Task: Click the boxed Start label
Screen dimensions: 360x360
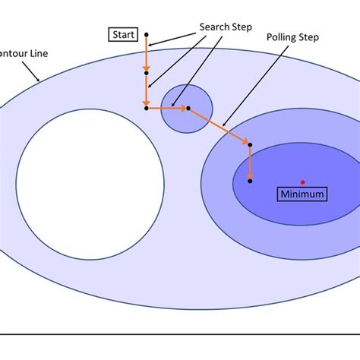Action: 124,34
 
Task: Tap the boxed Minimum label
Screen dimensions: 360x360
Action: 302,194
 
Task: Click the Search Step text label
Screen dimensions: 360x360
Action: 225,26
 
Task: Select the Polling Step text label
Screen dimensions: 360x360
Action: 292,36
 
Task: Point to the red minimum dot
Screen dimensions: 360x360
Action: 302,182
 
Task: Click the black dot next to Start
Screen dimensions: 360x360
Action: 146,35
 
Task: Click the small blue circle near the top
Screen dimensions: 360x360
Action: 187,109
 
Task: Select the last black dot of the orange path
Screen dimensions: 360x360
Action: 251,181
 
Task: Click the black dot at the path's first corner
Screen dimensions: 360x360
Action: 146,108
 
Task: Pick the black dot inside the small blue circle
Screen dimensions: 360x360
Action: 188,108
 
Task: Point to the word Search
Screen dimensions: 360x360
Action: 213,26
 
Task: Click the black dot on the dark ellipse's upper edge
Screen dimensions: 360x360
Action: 251,144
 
